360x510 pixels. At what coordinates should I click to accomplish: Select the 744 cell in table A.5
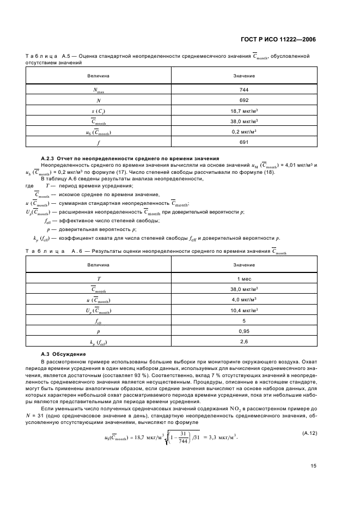click(243, 89)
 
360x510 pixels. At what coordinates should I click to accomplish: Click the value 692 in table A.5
click(243, 100)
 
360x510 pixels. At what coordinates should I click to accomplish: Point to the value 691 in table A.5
click(243, 142)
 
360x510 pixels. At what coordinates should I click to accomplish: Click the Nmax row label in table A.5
click(99, 90)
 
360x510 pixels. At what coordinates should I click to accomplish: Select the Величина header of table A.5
click(99, 75)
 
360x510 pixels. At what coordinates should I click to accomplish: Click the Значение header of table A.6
click(243, 264)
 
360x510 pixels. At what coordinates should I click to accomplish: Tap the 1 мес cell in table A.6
click(243, 278)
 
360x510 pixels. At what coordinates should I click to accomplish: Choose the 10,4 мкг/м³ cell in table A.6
click(243, 310)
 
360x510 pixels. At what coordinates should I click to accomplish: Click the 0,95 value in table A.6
click(243, 331)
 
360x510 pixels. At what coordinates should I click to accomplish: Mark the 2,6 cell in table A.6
click(243, 342)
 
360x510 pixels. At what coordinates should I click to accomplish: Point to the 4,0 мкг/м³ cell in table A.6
click(243, 300)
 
